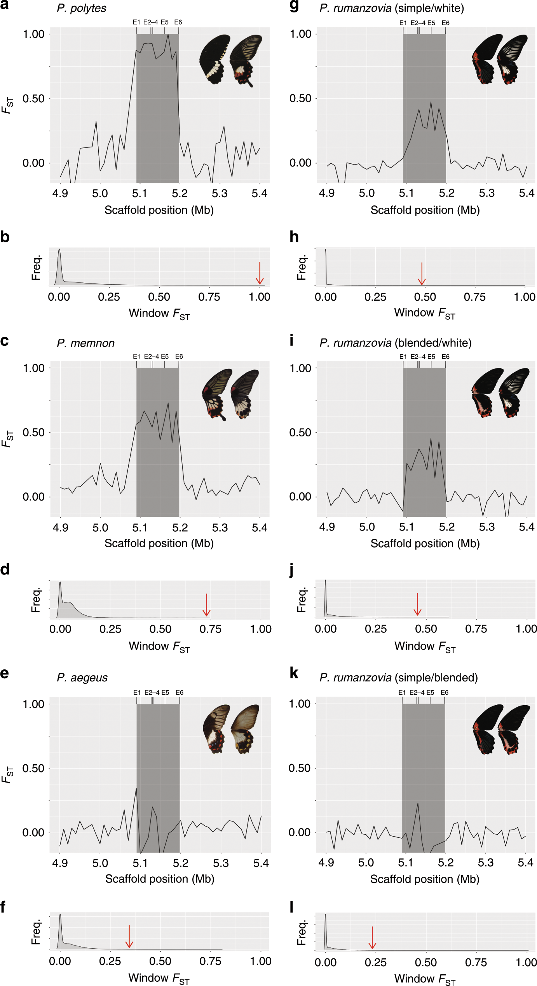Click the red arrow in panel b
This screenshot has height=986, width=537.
pyautogui.click(x=260, y=273)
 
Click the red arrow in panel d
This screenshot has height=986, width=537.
pyautogui.click(x=207, y=605)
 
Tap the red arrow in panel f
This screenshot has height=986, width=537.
pyautogui.click(x=129, y=937)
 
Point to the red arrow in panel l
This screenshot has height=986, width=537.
pyautogui.click(x=372, y=938)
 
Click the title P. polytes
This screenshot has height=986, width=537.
pyautogui.click(x=82, y=8)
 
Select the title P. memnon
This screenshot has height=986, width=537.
pyautogui.click(x=86, y=343)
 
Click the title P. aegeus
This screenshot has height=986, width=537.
pyautogui.click(x=82, y=678)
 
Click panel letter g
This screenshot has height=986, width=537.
pyautogui.click(x=294, y=7)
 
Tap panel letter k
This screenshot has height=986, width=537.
pyautogui.click(x=294, y=673)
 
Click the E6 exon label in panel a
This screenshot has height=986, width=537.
pyautogui.click(x=178, y=22)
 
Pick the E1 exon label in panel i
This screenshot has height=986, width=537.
pyautogui.click(x=403, y=356)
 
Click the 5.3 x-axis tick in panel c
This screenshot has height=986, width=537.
pyautogui.click(x=220, y=528)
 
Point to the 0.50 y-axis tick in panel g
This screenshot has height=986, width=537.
pyautogui.click(x=300, y=98)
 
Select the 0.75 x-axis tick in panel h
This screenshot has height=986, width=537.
pyautogui.click(x=474, y=297)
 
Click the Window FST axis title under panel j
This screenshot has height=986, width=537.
pyautogui.click(x=425, y=646)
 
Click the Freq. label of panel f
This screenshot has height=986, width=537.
pyautogui.click(x=36, y=932)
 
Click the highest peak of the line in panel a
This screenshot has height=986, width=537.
pyautogui.click(x=168, y=35)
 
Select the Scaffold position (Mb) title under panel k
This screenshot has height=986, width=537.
pyautogui.click(x=425, y=879)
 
